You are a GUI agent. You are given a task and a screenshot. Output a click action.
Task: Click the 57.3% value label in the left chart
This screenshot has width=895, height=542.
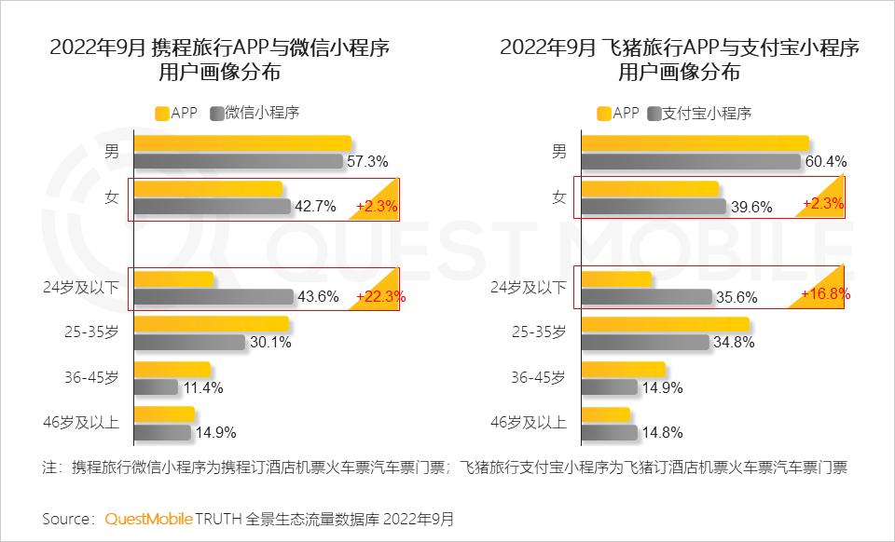click(367, 161)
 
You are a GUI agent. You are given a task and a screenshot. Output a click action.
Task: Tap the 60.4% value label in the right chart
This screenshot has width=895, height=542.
click(824, 161)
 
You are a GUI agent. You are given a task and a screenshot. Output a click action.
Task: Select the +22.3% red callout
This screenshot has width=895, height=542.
click(377, 296)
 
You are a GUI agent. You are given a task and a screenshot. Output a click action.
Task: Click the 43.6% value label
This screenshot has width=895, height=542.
click(316, 297)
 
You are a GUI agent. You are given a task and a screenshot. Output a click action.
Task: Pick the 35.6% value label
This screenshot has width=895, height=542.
click(736, 297)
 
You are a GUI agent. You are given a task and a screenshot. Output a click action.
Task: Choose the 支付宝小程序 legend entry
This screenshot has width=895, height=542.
click(706, 113)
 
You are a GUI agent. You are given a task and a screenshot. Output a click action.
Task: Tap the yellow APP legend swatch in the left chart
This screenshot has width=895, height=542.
click(161, 113)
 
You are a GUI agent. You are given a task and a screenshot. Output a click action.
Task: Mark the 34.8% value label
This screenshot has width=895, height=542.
click(732, 342)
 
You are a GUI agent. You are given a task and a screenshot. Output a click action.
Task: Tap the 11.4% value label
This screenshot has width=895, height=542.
click(201, 387)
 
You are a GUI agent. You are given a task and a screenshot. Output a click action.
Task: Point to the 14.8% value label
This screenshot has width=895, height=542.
click(660, 432)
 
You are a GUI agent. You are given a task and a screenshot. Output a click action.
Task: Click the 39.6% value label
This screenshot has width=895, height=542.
click(750, 207)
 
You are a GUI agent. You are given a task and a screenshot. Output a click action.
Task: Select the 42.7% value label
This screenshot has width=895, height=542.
click(314, 207)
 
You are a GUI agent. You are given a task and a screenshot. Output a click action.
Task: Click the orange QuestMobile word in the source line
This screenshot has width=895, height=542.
click(148, 518)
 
